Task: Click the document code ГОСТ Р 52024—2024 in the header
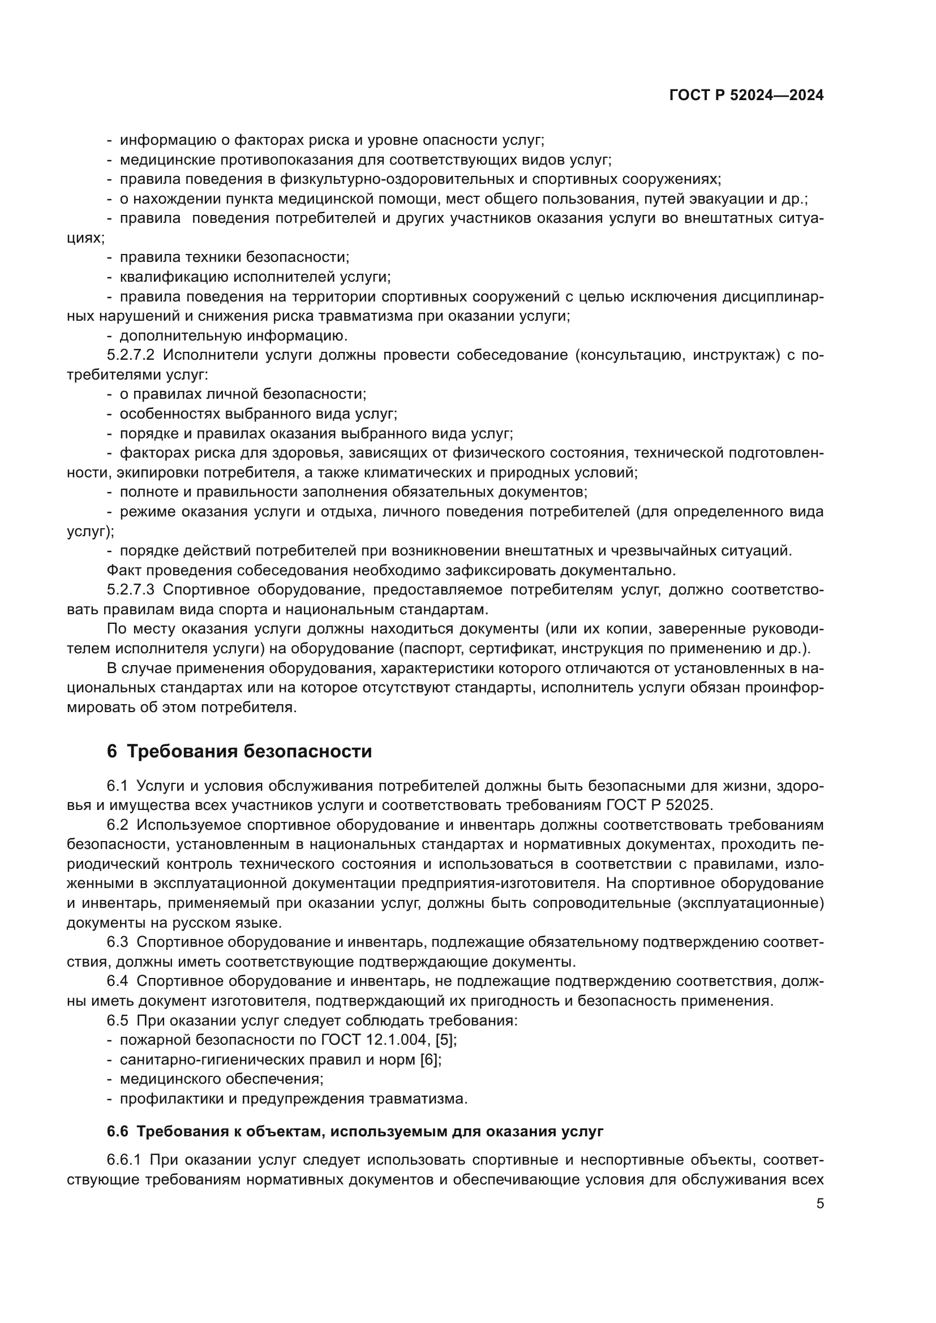pyautogui.click(x=746, y=96)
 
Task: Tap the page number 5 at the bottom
pyautogui.click(x=820, y=1203)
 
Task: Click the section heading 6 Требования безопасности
pyautogui.click(x=239, y=751)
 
